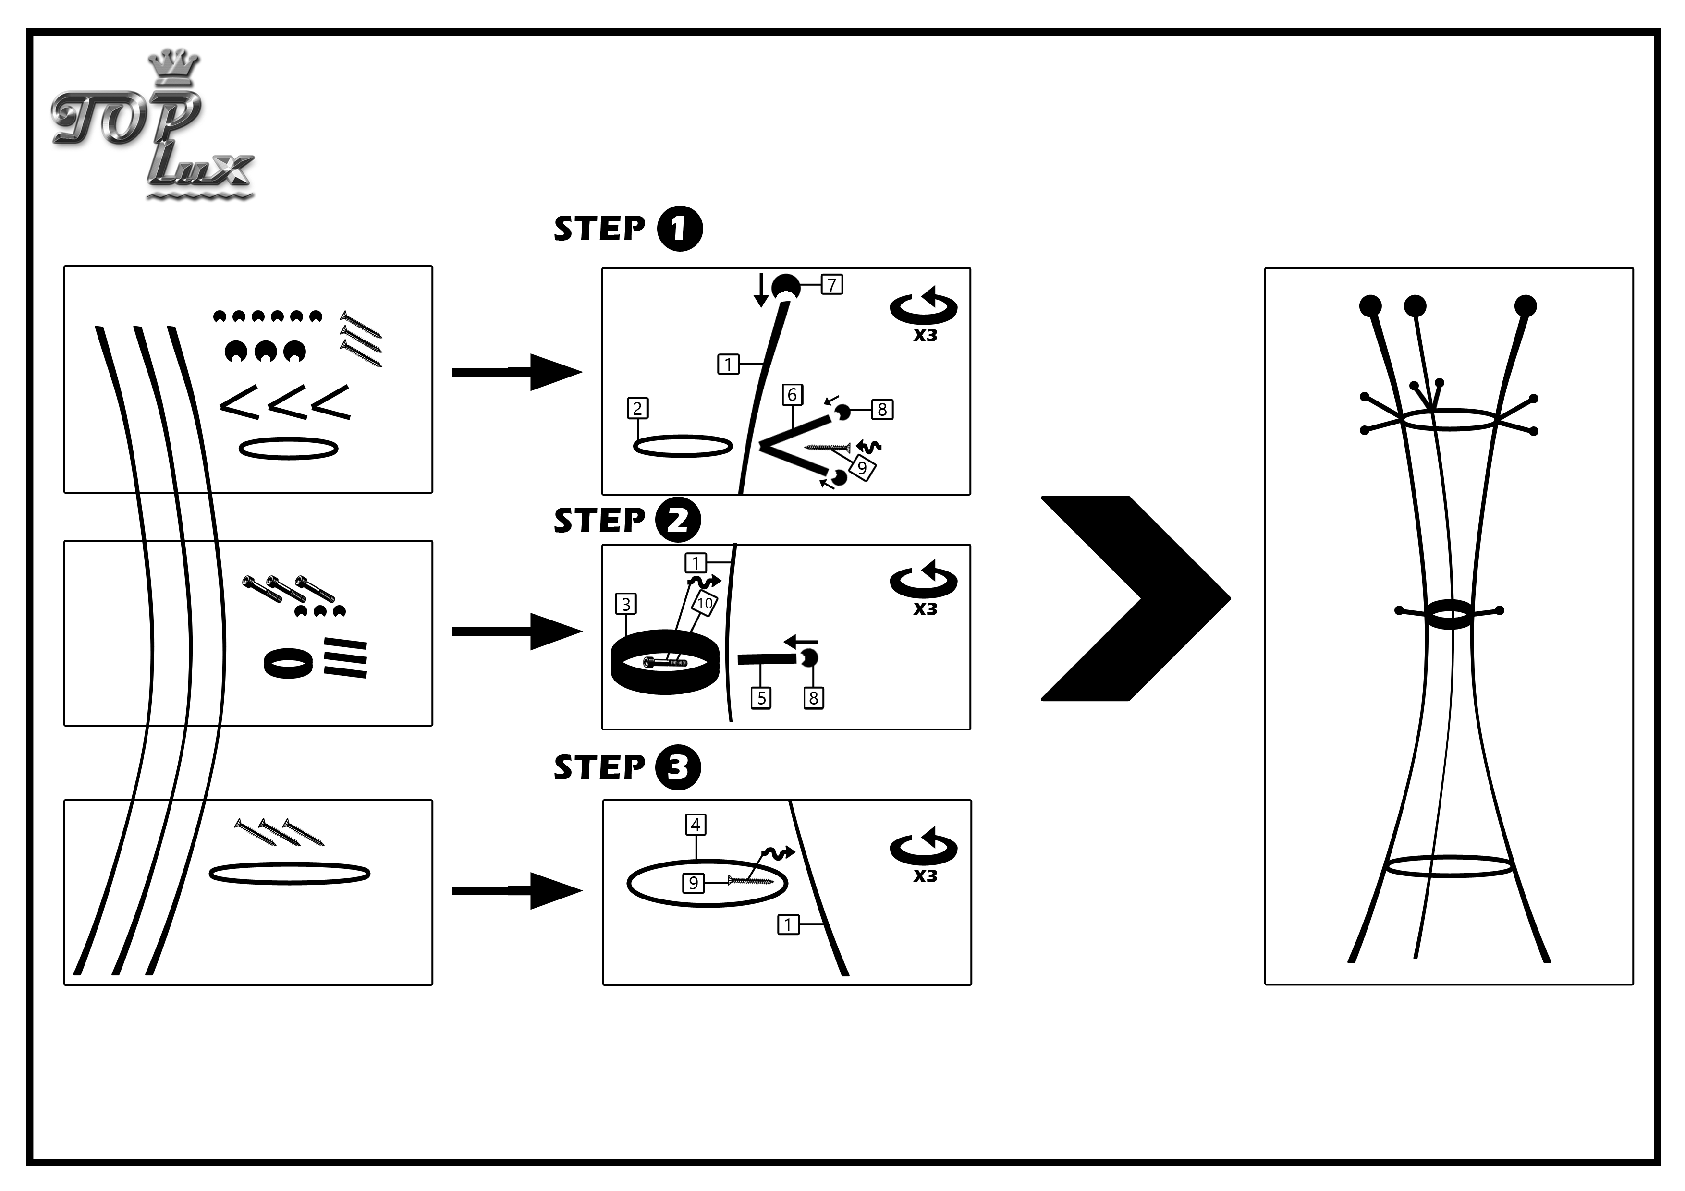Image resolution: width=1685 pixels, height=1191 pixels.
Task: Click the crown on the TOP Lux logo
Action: [173, 66]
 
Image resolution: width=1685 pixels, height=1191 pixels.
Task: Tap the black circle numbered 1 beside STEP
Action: [679, 229]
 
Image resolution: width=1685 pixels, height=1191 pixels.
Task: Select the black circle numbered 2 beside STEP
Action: [677, 520]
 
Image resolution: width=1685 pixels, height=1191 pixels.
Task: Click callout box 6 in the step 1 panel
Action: [792, 395]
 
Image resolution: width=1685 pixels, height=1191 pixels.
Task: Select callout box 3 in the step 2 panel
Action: [626, 604]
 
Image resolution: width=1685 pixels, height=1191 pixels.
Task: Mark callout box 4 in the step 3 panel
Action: [696, 825]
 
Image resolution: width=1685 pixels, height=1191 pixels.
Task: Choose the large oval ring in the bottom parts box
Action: [289, 873]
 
